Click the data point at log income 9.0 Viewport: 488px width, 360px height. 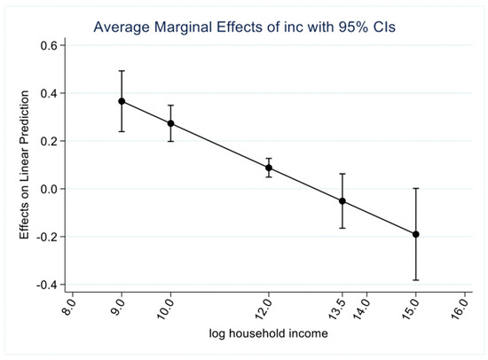click(122, 101)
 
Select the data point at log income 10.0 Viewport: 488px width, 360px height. click(170, 123)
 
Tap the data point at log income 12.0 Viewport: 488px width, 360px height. click(268, 168)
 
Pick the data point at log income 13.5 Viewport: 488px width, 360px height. click(342, 201)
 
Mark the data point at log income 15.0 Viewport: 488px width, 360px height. click(415, 234)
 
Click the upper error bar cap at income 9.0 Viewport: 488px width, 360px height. click(122, 71)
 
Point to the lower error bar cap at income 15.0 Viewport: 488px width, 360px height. click(415, 280)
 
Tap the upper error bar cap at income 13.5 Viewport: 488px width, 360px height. click(342, 174)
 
